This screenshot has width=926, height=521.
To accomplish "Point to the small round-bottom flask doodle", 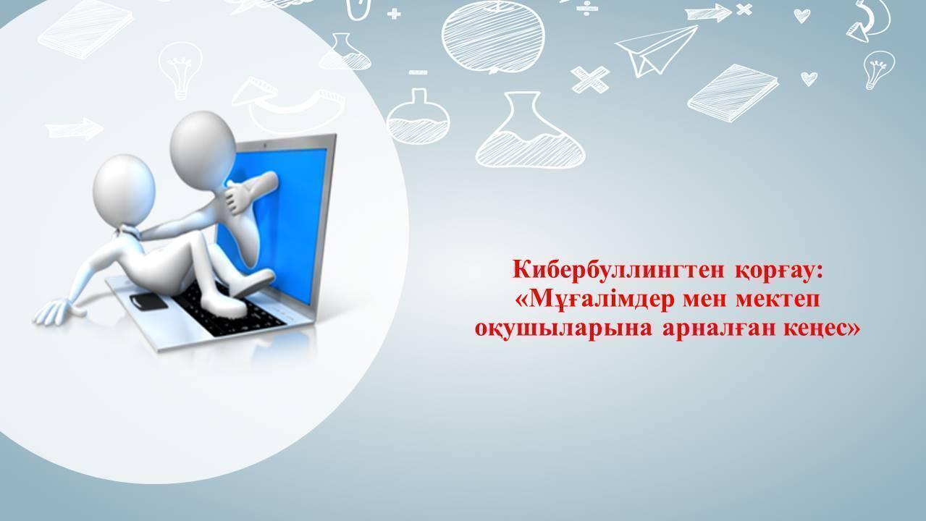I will tap(419, 116).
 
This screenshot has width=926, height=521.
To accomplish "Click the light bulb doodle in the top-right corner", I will tap(878, 68).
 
